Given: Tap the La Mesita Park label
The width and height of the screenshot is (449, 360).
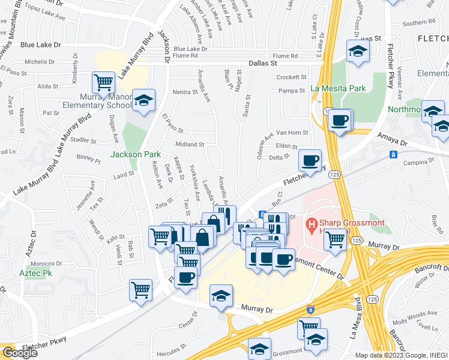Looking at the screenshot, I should point(338,88).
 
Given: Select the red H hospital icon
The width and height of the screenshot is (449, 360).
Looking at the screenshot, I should point(312,226).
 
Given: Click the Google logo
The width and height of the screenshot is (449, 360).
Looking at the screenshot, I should point(19,352).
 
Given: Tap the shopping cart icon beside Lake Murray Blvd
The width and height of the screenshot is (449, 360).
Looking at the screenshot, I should point(104,82).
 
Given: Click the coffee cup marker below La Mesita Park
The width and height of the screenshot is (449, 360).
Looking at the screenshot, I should point(340,119).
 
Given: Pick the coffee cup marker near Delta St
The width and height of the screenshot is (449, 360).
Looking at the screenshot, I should point(310,160).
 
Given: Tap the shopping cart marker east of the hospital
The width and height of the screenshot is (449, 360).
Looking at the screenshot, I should point(335,239).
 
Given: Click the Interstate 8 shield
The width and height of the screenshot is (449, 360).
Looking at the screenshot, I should point(310,310).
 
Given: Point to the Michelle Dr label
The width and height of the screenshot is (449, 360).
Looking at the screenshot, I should point(40,62).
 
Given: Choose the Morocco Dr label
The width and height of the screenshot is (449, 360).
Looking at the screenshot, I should point(47,263).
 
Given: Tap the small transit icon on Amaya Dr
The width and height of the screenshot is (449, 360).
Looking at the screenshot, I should point(393,154).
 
